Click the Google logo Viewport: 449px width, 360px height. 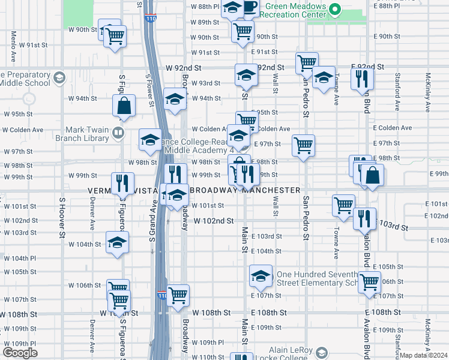[x=20, y=353]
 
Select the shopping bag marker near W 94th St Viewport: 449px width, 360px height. [x=124, y=106]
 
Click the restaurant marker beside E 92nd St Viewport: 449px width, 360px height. [x=362, y=79]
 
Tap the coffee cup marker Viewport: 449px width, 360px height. [x=250, y=8]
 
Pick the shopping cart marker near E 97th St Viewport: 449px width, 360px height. [x=304, y=145]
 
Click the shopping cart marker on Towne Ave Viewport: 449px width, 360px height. [x=344, y=205]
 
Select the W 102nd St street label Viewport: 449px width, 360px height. [x=213, y=221]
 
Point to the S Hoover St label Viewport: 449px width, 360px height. [x=61, y=216]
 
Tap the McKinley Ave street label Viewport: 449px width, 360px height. [x=428, y=93]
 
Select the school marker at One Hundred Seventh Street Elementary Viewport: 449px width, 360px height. [x=261, y=275]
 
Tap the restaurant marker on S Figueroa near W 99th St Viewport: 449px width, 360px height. [x=122, y=184]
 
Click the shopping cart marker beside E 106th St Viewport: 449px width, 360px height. [x=369, y=281]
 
